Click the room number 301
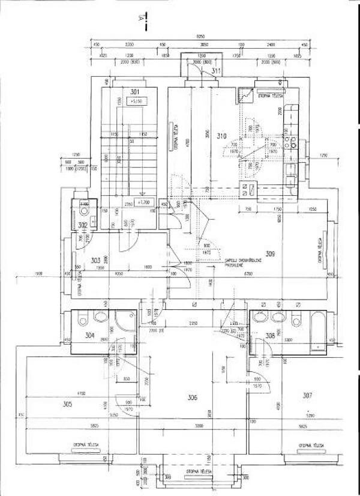(x=135, y=92)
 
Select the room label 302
(x=83, y=225)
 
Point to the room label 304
(x=89, y=335)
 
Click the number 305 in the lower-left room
(x=67, y=404)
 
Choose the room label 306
(x=192, y=397)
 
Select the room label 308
(x=270, y=336)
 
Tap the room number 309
(x=270, y=255)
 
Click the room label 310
(x=221, y=136)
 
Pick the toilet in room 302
(x=83, y=212)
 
